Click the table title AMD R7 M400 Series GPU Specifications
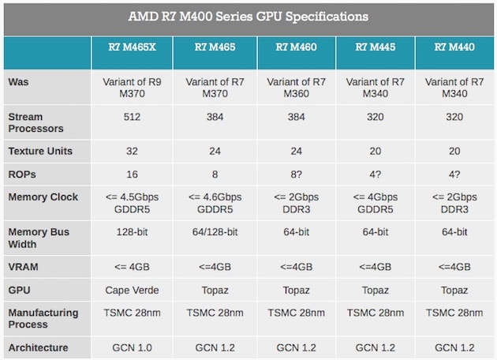point(248,17)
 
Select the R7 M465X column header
point(132,47)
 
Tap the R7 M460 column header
point(296,47)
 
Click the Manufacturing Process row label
point(43,318)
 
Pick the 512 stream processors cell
point(132,117)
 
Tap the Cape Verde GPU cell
point(132,290)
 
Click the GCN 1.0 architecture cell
point(132,347)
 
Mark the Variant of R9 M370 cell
point(132,87)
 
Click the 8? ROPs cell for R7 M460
point(296,174)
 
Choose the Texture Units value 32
point(132,150)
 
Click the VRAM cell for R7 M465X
point(132,267)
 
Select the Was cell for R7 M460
point(296,87)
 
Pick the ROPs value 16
point(132,174)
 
